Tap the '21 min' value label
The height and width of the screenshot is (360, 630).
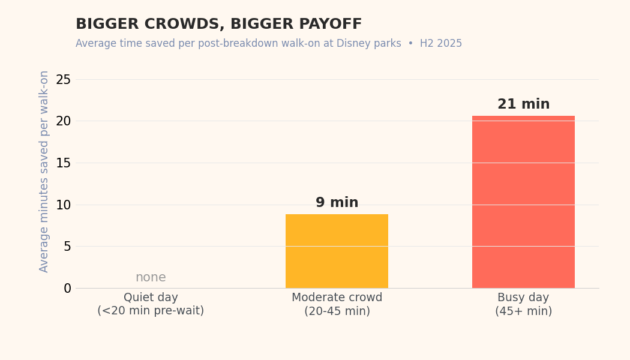coord(523,104)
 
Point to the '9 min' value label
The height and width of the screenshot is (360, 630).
coord(337,203)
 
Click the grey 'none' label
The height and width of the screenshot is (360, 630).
coord(151,278)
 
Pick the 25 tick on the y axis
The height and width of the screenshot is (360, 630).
coord(64,79)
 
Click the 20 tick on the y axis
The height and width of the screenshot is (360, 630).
coord(64,121)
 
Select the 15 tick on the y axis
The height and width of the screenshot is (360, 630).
coord(64,163)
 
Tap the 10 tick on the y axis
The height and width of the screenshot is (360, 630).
coord(64,205)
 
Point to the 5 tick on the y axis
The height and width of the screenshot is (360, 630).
coord(67,247)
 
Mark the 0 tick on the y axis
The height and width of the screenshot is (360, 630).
coord(67,288)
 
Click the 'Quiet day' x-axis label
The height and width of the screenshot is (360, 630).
coord(151,298)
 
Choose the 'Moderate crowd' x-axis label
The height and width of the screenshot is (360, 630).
coord(337,298)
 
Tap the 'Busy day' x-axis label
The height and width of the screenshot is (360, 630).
coord(523,298)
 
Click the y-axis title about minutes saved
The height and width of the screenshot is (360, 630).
coord(44,172)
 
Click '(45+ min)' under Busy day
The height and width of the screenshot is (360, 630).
coord(523,311)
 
